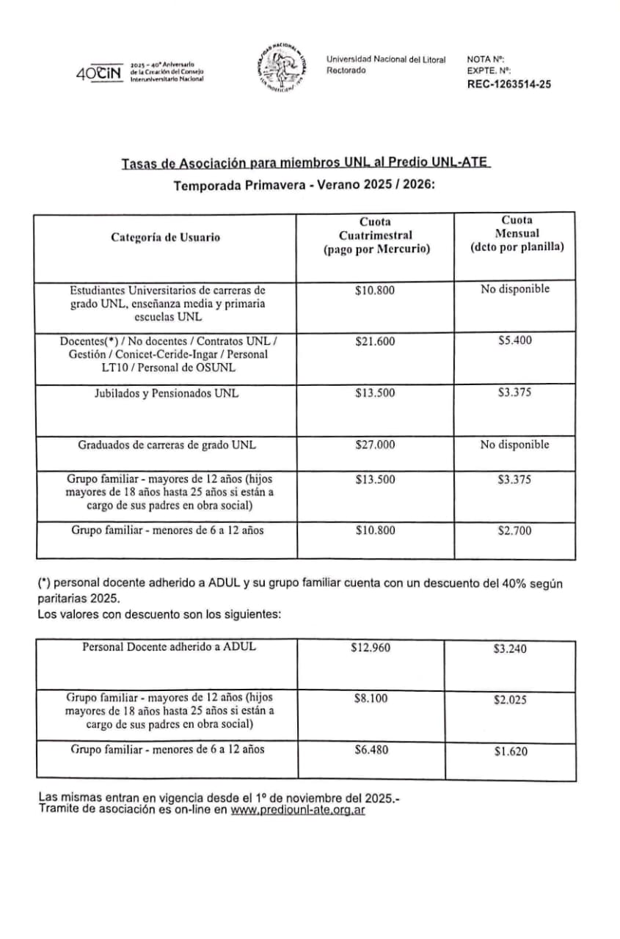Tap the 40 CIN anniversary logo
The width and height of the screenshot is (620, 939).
pyautogui.click(x=98, y=74)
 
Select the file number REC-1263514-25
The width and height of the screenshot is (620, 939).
pyautogui.click(x=508, y=84)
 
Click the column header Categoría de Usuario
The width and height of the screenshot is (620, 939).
pyautogui.click(x=165, y=237)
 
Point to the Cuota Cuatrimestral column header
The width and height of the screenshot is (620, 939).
pyautogui.click(x=375, y=235)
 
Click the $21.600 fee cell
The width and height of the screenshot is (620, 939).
pyautogui.click(x=374, y=341)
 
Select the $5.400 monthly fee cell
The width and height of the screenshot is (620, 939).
pyautogui.click(x=514, y=341)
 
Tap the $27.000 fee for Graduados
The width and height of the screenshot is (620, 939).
pyautogui.click(x=374, y=445)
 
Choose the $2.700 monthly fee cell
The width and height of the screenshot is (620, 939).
pyautogui.click(x=514, y=530)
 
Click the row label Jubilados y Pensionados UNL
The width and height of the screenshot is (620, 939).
pyautogui.click(x=167, y=393)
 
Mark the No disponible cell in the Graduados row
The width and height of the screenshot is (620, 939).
pyautogui.click(x=514, y=445)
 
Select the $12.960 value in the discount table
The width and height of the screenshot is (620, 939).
pyautogui.click(x=371, y=648)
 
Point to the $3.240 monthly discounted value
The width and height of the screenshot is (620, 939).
pyautogui.click(x=510, y=649)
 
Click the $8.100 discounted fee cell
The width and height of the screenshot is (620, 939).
pyautogui.click(x=371, y=699)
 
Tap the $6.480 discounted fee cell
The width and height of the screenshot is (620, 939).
pyautogui.click(x=371, y=750)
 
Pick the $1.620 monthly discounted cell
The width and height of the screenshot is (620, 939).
pyautogui.click(x=510, y=751)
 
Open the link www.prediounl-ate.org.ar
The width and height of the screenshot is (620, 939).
pyautogui.click(x=298, y=810)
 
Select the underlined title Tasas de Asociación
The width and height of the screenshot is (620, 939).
pyautogui.click(x=305, y=164)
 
